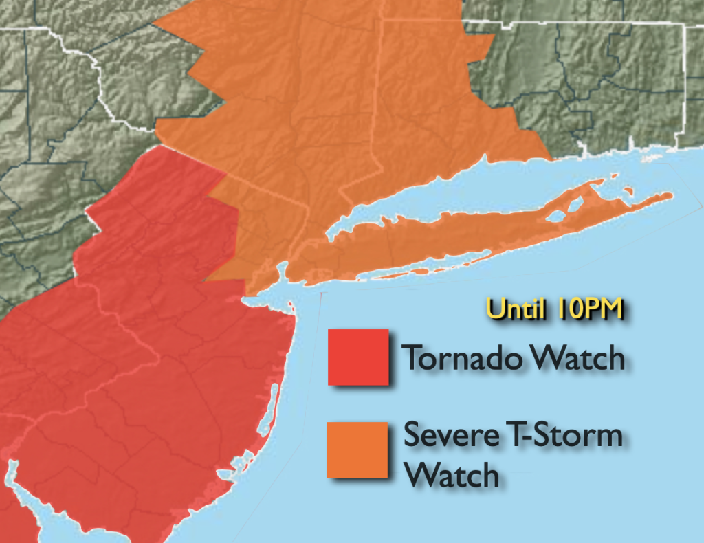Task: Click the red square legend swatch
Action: pos(357,357)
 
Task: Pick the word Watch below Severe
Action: pos(450,475)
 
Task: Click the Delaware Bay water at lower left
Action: pos(17,495)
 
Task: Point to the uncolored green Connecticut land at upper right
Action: pos(584,82)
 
